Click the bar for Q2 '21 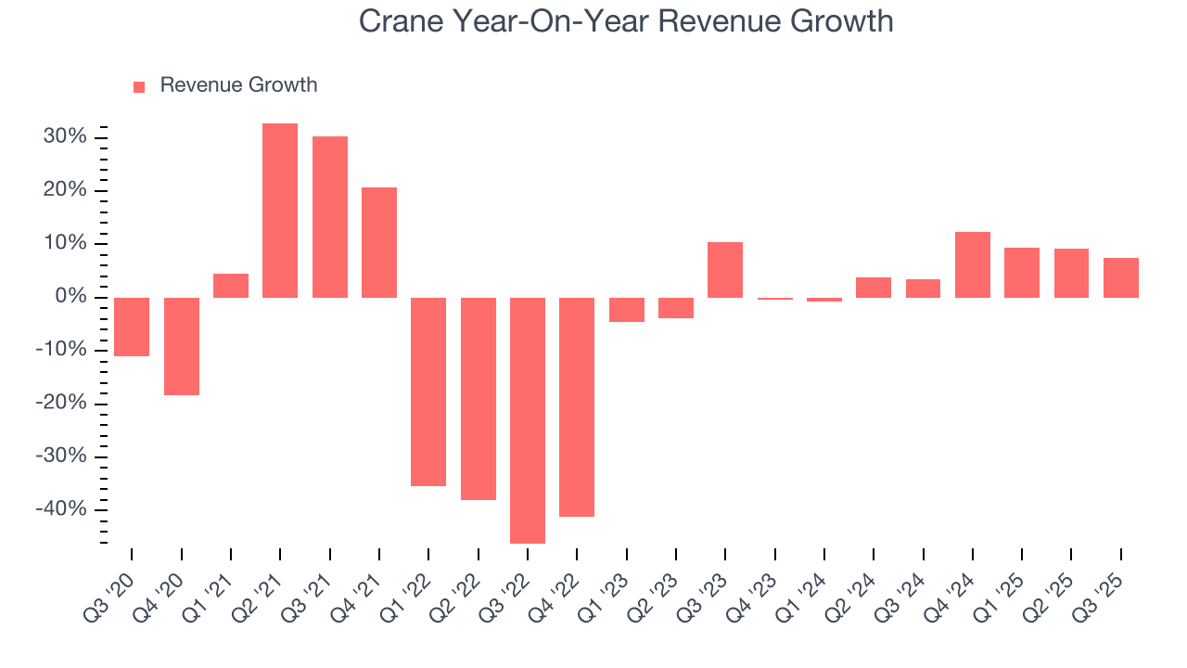point(280,211)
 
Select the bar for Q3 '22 point(528,420)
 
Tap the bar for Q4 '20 point(182,346)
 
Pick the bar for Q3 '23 point(725,270)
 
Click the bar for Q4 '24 point(973,264)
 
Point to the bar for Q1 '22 point(428,392)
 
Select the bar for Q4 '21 point(379,242)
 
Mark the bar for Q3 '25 point(1121,277)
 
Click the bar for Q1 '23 point(627,310)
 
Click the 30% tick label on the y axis point(64,137)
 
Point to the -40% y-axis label point(60,509)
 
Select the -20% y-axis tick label point(60,404)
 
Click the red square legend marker point(139,87)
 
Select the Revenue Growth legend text point(238,85)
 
